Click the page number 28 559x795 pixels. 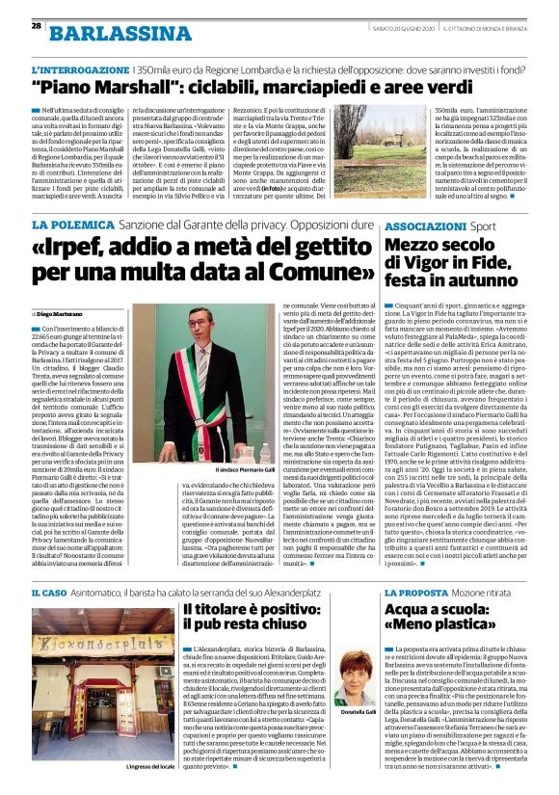tap(37, 25)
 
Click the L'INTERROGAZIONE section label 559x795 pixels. tap(68, 70)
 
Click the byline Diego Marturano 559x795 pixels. tap(62, 314)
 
